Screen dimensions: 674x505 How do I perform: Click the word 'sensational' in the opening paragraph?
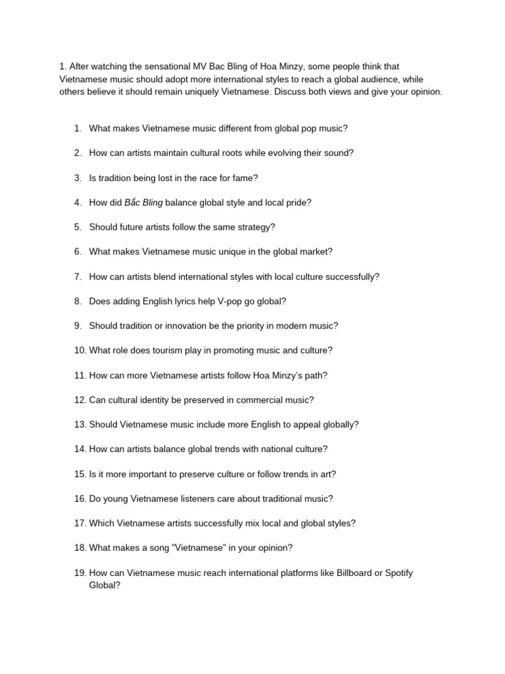tap(148, 66)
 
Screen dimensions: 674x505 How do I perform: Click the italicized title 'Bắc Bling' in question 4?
tap(143, 203)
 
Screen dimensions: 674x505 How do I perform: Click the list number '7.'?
tap(78, 276)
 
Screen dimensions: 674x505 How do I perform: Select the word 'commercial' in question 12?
tap(252, 400)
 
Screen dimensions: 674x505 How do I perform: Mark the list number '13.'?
tap(80, 425)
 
